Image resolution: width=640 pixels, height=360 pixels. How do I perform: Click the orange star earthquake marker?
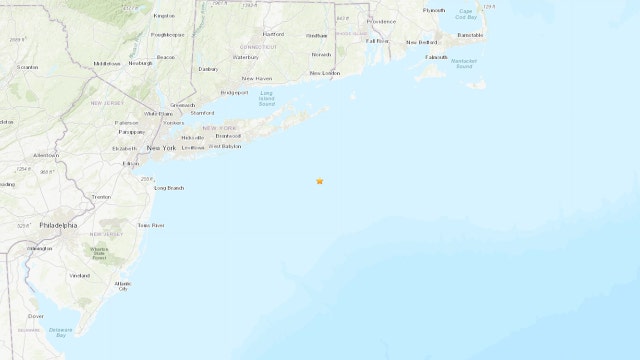click(319, 181)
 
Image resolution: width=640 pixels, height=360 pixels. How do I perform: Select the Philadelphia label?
click(58, 226)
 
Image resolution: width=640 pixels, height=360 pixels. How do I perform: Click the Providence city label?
click(381, 21)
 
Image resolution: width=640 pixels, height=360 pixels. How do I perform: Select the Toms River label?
click(150, 226)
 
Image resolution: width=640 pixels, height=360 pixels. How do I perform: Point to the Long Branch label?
click(168, 188)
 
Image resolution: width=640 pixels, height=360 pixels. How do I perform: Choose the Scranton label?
click(28, 68)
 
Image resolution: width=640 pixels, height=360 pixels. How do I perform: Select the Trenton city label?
click(102, 198)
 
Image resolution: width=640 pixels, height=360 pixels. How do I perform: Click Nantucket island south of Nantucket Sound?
click(477, 84)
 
